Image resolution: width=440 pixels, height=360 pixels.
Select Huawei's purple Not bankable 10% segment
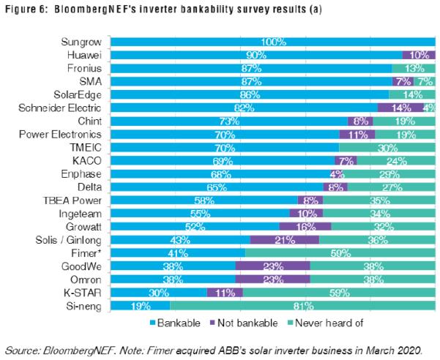click(420, 55)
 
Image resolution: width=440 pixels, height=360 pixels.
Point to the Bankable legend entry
click(176, 321)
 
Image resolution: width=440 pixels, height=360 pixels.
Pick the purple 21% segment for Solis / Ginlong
click(284, 239)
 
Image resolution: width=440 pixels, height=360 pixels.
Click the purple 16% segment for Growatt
click(302, 226)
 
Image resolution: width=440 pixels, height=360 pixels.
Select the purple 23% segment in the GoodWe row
click(272, 266)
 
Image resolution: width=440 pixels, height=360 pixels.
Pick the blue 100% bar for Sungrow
click(272, 42)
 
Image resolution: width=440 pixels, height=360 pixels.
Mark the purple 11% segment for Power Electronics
click(357, 134)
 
